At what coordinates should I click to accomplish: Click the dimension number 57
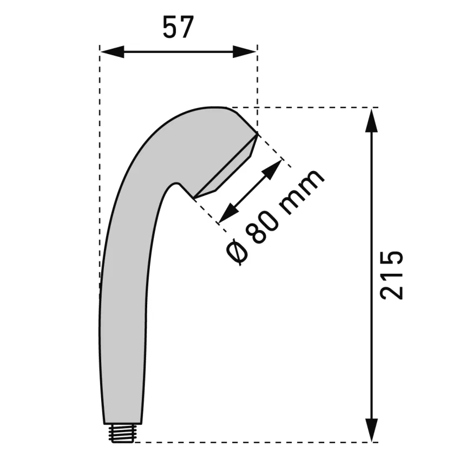pos(178,27)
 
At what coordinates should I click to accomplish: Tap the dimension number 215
pos(391,275)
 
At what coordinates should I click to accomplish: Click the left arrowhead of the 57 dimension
pos(113,52)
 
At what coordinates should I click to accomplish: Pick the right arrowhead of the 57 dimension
pos(245,52)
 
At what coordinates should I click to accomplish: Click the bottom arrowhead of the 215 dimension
pos(372,430)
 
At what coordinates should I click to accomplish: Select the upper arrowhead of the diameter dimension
pos(272,169)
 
